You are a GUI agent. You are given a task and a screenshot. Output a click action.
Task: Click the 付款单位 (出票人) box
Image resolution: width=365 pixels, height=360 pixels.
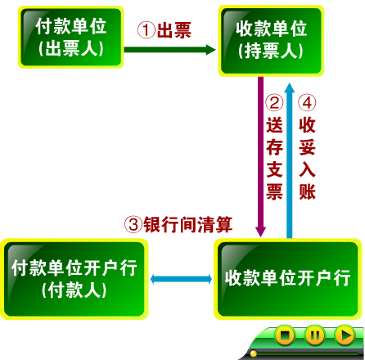(71, 37)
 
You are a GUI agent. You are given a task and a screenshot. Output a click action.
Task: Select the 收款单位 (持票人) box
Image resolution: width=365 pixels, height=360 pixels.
(271, 41)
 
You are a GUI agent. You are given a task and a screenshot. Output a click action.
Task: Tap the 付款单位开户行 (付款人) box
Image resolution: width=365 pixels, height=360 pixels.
(74, 279)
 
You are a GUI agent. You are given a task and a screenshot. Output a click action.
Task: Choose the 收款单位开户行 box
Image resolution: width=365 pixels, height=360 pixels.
(288, 279)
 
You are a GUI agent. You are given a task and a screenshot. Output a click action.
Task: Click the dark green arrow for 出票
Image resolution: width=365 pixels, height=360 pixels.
(169, 50)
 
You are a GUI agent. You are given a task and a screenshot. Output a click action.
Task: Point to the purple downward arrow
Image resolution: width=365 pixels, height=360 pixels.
(260, 157)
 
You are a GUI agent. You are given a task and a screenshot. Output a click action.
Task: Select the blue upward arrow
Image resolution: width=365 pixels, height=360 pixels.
(290, 161)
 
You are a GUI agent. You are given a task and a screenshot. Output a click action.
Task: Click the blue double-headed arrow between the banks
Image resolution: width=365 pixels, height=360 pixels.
(181, 279)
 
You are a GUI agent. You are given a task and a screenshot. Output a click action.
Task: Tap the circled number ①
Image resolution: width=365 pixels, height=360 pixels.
(146, 29)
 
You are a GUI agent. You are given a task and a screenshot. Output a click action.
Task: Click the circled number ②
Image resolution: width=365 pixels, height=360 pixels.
(274, 103)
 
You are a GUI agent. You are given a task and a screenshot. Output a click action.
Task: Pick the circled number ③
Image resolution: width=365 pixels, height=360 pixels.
(133, 225)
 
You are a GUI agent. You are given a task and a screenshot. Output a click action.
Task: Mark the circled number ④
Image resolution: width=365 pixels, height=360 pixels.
(307, 103)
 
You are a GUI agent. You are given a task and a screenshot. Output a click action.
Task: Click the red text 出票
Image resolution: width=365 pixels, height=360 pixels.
(173, 29)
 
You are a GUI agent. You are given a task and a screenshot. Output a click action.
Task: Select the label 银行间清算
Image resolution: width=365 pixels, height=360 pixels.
(188, 225)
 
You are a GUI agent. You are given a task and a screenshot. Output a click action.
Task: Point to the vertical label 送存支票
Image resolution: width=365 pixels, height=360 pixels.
(274, 159)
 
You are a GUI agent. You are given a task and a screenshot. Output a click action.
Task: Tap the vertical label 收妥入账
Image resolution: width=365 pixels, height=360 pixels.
(307, 159)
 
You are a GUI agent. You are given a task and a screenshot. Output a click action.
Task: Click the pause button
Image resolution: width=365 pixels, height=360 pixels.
(315, 335)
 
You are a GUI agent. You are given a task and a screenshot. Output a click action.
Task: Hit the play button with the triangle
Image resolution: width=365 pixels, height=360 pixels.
(345, 335)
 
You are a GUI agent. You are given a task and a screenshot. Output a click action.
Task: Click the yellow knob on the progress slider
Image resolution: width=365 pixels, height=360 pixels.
(254, 353)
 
